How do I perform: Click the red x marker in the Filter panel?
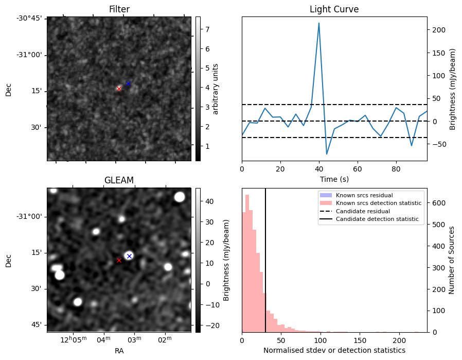119,89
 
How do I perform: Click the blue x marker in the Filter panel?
128,83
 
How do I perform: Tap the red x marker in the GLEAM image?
119,260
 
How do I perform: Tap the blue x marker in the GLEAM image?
129,256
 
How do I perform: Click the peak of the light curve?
319,23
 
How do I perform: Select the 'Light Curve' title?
334,9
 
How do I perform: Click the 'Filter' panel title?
119,9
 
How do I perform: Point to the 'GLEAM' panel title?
119,180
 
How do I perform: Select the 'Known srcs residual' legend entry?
364,195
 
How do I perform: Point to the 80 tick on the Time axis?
396,168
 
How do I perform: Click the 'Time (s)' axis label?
334,178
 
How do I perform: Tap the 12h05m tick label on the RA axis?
73,339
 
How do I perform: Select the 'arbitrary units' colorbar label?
216,89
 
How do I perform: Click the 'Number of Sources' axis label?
452,260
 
